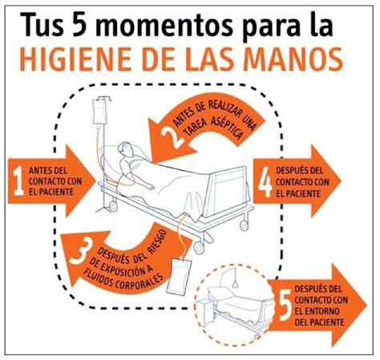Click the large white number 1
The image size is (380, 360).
(18, 181)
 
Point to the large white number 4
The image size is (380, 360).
(265, 182)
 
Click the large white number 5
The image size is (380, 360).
(285, 306)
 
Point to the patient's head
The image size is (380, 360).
(126, 150)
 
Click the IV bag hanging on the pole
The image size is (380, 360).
(99, 112)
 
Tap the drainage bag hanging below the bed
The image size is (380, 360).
(179, 276)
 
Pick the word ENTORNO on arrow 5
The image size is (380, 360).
(321, 311)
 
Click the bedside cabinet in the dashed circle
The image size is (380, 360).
(205, 313)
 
